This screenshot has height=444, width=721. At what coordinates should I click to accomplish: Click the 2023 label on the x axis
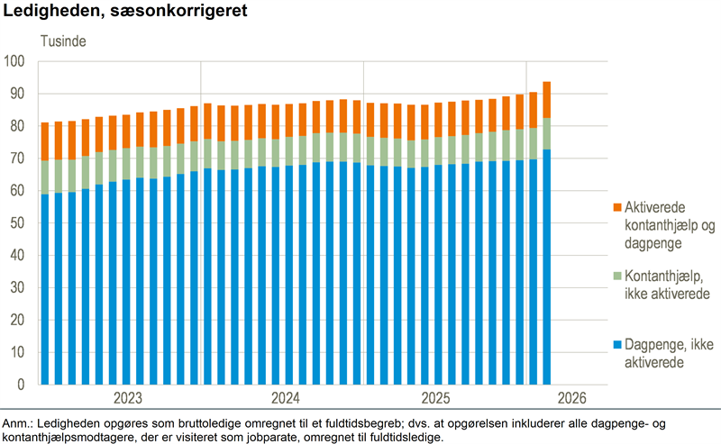[129, 398]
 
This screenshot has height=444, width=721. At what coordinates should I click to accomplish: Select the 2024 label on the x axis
[286, 398]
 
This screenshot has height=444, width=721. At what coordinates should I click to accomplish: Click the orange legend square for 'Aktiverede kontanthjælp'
[617, 207]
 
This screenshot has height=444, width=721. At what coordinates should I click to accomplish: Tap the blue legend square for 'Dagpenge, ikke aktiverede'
[617, 346]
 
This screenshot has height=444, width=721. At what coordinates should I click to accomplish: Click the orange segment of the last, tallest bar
[547, 100]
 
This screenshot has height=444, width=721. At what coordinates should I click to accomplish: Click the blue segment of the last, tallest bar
[547, 270]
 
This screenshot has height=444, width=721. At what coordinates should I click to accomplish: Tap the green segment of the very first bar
[45, 177]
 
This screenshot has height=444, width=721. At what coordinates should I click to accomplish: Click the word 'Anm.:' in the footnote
[18, 423]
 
